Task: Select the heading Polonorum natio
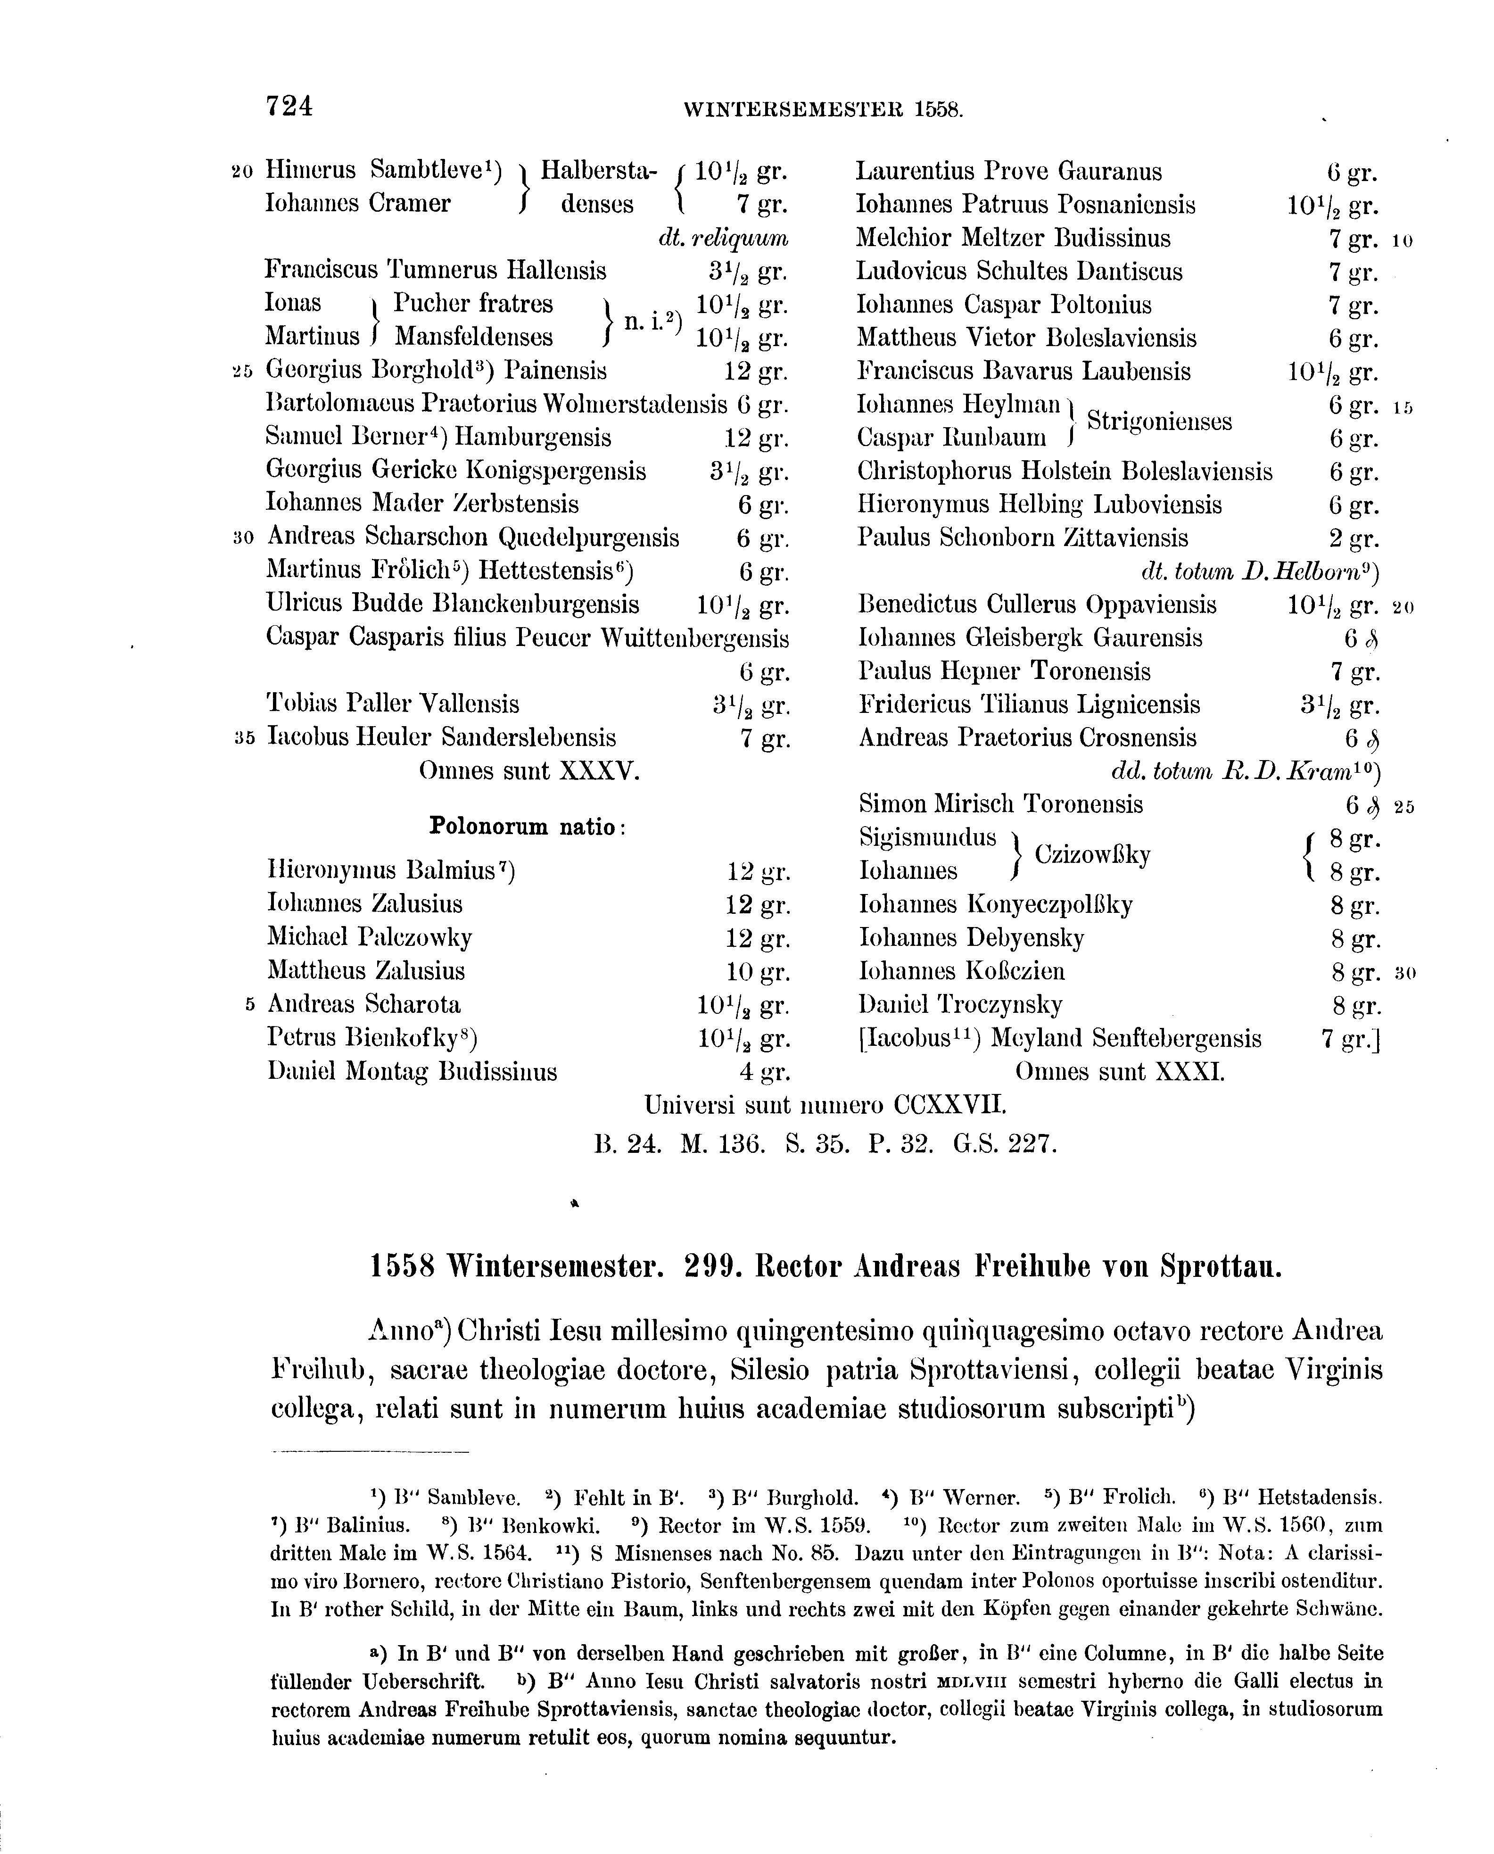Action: point(527,827)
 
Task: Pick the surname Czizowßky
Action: point(1092,855)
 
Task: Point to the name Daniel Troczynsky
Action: point(960,1004)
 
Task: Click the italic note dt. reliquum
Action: point(723,238)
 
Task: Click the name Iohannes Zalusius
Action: point(365,904)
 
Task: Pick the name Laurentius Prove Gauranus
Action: point(1008,171)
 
